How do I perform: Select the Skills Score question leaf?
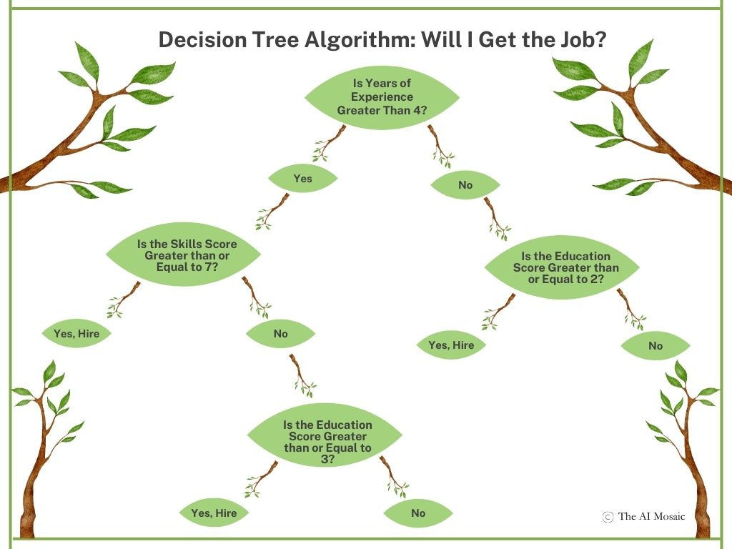182,254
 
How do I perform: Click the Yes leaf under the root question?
302,179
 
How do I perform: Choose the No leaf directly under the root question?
465,185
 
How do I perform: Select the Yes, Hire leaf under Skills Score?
77,333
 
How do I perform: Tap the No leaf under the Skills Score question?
280,333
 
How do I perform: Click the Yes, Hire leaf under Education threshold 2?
451,345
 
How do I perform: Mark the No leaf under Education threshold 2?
655,346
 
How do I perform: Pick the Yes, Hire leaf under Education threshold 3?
214,513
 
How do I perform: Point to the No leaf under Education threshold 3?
418,513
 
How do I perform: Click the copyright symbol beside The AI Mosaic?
608,516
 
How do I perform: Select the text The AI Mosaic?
651,516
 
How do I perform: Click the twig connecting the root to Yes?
329,143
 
